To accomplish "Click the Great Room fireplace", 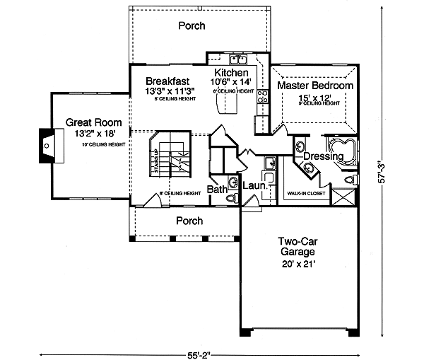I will point(46,146).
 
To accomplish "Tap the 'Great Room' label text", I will point(88,122).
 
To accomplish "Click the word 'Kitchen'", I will point(231,73).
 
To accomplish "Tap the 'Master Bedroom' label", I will point(314,85).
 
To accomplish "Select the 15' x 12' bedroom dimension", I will point(314,96).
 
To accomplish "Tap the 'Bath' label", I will point(216,190).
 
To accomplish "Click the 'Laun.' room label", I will point(254,185).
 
